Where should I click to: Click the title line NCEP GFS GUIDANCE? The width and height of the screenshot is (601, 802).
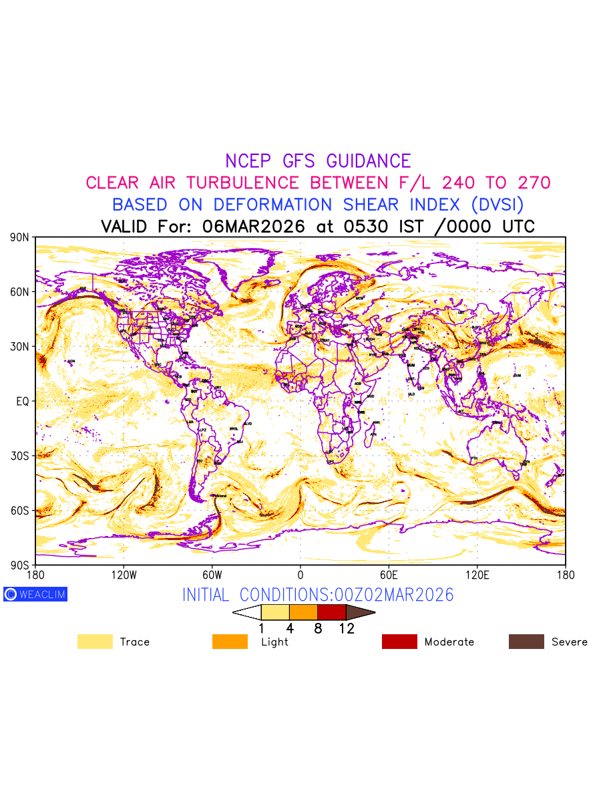pyautogui.click(x=318, y=161)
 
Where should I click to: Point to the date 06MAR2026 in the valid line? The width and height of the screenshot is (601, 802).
pyautogui.click(x=254, y=227)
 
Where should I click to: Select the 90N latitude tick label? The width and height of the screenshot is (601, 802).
pyautogui.click(x=19, y=237)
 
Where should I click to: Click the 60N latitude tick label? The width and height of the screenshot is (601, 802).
pyautogui.click(x=19, y=292)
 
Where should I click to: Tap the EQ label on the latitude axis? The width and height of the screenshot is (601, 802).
pyautogui.click(x=22, y=401)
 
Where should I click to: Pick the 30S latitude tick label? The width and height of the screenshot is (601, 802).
pyautogui.click(x=19, y=456)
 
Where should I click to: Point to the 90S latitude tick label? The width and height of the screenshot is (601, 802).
pyautogui.click(x=19, y=565)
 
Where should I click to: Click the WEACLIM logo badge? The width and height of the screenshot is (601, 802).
pyautogui.click(x=35, y=594)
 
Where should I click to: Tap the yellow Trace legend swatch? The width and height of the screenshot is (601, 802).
pyautogui.click(x=95, y=642)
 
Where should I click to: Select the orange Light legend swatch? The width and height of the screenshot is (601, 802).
pyautogui.click(x=230, y=642)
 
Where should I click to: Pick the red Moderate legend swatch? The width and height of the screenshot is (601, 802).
pyautogui.click(x=399, y=642)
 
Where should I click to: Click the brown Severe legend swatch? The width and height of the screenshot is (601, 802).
pyautogui.click(x=526, y=642)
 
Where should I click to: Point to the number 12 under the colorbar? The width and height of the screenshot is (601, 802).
pyautogui.click(x=347, y=628)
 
